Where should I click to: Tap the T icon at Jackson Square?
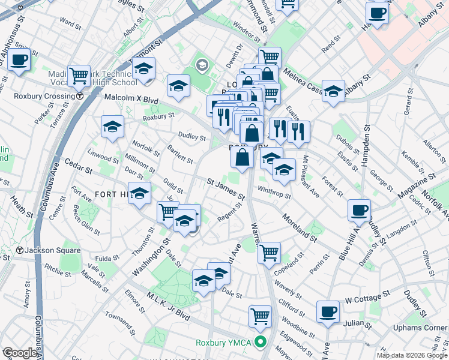[20, 250]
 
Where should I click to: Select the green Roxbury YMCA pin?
[260, 343]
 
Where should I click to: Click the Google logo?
[19, 353]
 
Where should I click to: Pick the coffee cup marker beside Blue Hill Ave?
[360, 211]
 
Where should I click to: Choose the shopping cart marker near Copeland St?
[270, 252]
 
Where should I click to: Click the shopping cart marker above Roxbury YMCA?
[260, 316]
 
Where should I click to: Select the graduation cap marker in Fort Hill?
[140, 194]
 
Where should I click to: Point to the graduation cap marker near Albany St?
[334, 91]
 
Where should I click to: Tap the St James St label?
[226, 188]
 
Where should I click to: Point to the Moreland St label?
[299, 228]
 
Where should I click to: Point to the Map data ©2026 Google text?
[411, 355]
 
